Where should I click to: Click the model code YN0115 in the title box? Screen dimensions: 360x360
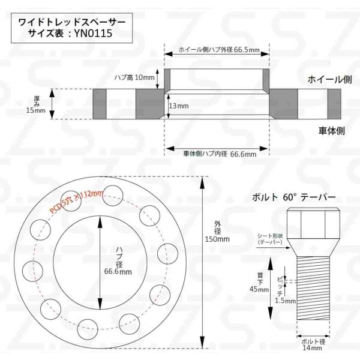pos(93,33)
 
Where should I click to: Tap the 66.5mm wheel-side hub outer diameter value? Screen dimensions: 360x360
pos(247,50)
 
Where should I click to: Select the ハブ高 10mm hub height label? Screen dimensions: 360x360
pos(134,77)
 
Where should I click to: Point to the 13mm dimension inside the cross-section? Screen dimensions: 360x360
pos(179,106)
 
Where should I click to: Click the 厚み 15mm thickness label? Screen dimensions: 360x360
pos(36,104)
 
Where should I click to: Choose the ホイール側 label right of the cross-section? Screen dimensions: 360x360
pos(329,79)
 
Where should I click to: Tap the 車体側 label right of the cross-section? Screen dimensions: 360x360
pos(332,131)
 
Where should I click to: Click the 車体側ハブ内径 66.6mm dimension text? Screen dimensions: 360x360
pos(220,154)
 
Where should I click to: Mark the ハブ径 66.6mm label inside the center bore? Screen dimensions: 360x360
pos(118,261)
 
